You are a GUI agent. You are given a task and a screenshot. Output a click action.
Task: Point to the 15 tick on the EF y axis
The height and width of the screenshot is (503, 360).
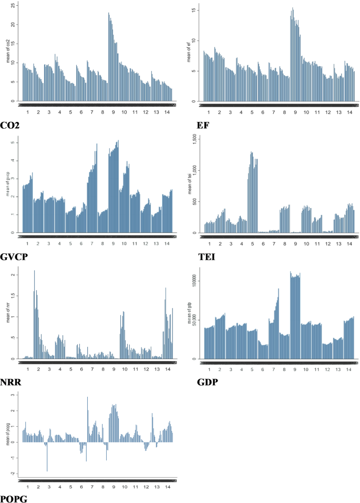(x=194, y=10)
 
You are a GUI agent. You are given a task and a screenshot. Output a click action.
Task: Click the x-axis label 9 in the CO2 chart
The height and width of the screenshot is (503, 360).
(x=113, y=112)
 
